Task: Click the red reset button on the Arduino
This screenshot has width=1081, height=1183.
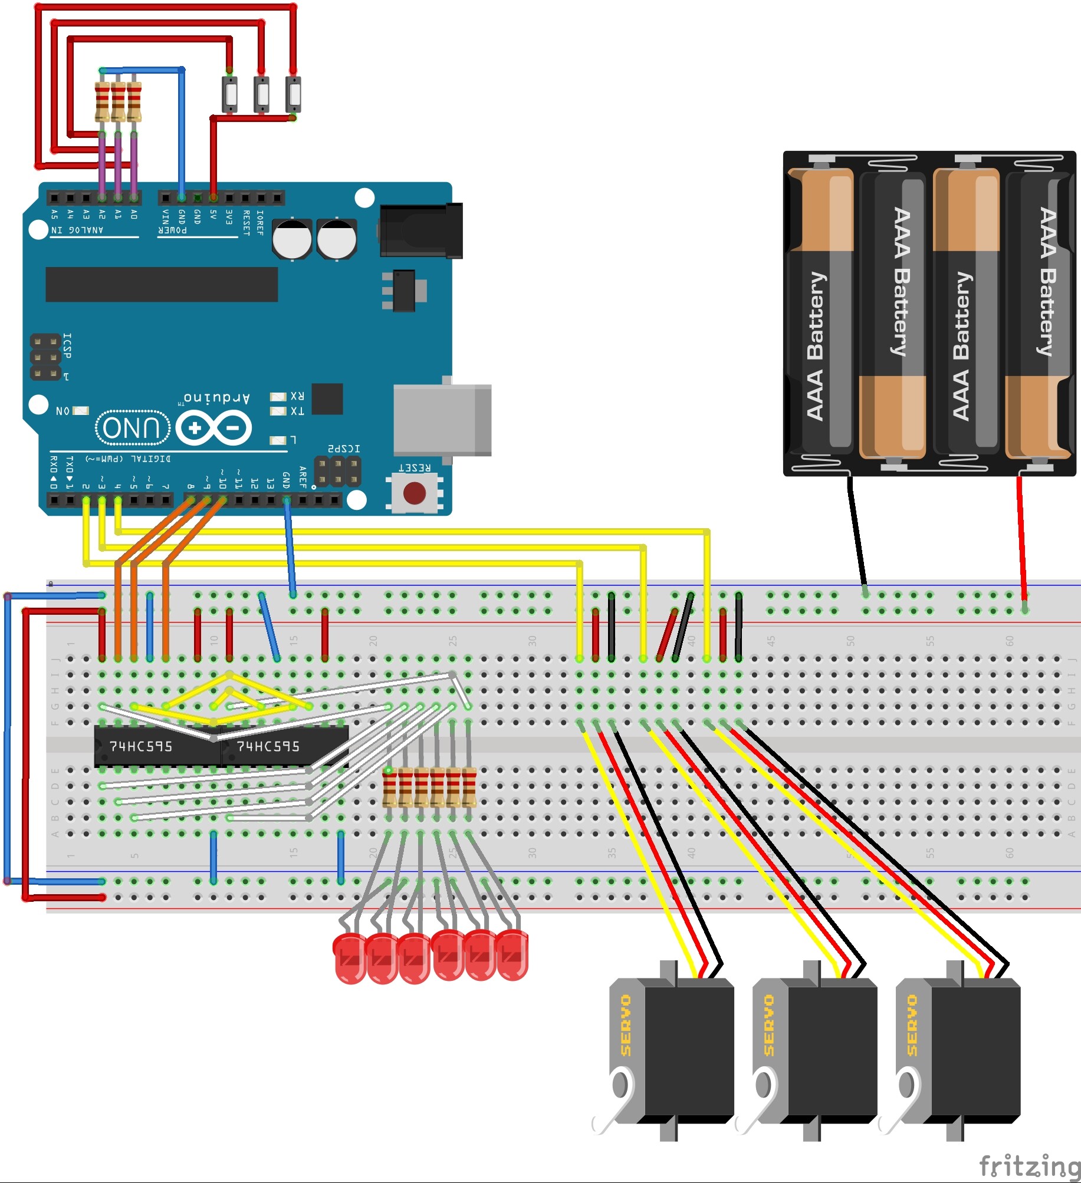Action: click(x=414, y=493)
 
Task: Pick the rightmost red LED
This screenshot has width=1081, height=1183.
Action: click(x=512, y=955)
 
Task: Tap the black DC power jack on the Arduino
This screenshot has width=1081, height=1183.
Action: click(x=421, y=230)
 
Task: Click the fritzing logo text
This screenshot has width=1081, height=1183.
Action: click(x=1029, y=1166)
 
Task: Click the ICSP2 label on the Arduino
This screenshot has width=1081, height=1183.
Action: click(x=344, y=449)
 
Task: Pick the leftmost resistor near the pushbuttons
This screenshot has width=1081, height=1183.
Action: click(x=102, y=101)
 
